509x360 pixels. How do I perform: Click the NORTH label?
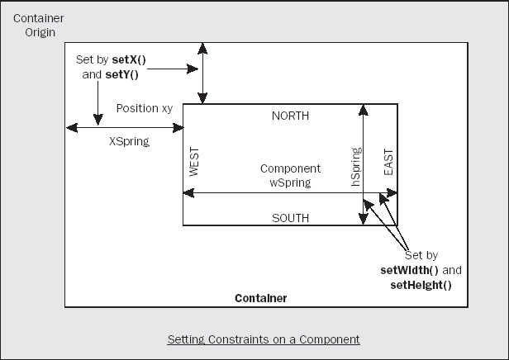pos(290,116)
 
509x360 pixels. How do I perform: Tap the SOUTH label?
pos(290,218)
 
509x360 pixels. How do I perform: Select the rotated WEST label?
pos(195,163)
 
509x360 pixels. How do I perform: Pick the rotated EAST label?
pos(388,162)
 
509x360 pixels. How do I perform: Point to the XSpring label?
pos(129,141)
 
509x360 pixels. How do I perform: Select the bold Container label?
pos(261,297)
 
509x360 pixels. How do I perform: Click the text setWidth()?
pos(411,270)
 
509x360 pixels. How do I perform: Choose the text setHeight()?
pos(421,284)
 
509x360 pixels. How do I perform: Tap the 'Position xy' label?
pos(144,108)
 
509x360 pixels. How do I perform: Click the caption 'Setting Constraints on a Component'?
pos(264,339)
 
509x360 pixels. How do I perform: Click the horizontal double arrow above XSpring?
pos(125,128)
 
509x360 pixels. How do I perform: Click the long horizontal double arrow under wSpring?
pos(290,193)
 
